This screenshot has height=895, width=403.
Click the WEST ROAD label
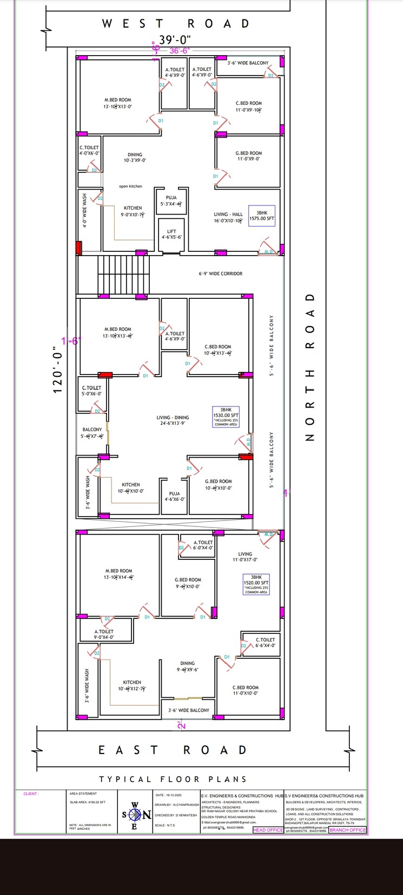tap(176, 24)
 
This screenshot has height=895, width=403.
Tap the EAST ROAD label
tap(173, 750)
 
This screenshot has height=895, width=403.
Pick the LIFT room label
tap(171, 234)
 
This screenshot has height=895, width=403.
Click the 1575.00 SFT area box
tap(262, 216)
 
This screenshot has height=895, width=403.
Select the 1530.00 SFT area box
tap(226, 417)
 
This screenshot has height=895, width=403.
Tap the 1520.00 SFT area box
tap(256, 584)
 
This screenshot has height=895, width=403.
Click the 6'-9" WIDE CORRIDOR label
tap(220, 273)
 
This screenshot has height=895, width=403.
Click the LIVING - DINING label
tap(173, 420)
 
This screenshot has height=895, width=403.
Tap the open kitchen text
tap(131, 186)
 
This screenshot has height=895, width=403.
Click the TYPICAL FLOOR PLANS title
tap(173, 779)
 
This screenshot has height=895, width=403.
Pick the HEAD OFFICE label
tap(268, 830)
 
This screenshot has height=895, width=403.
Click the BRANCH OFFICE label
tap(347, 830)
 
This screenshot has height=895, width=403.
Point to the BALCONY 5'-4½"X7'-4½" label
tap(92, 433)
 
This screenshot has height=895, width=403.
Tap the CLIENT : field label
tap(31, 794)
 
